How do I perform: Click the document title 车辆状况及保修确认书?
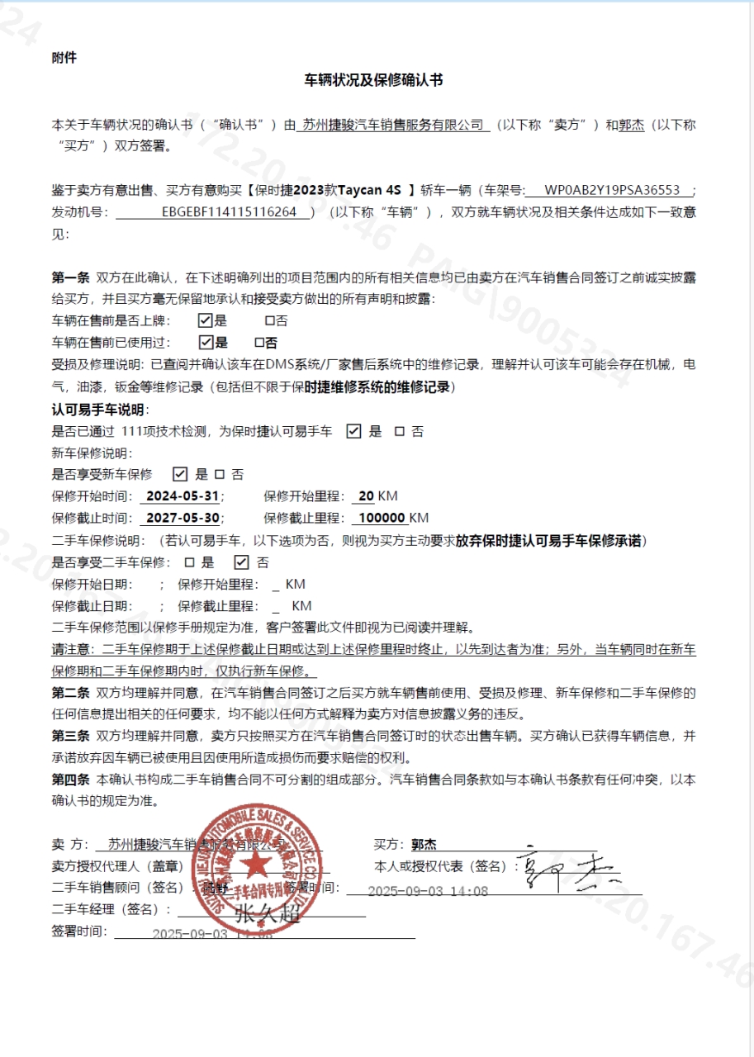[x=374, y=80]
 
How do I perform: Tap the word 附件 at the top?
[x=64, y=58]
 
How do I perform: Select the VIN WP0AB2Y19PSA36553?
[x=612, y=191]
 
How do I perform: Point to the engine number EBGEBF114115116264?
[x=229, y=212]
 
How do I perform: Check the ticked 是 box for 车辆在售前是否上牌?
[x=206, y=320]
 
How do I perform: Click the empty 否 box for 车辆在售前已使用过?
[x=259, y=342]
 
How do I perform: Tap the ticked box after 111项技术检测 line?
[x=353, y=431]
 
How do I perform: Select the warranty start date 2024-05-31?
[x=182, y=496]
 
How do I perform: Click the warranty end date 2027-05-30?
[x=182, y=519]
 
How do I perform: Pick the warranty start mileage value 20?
[x=367, y=496]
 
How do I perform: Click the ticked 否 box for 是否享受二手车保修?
[x=241, y=562]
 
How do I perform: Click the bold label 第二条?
[x=70, y=692]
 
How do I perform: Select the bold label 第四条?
[x=70, y=779]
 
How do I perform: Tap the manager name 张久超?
[x=265, y=914]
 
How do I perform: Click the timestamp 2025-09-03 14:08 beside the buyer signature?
[x=428, y=891]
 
